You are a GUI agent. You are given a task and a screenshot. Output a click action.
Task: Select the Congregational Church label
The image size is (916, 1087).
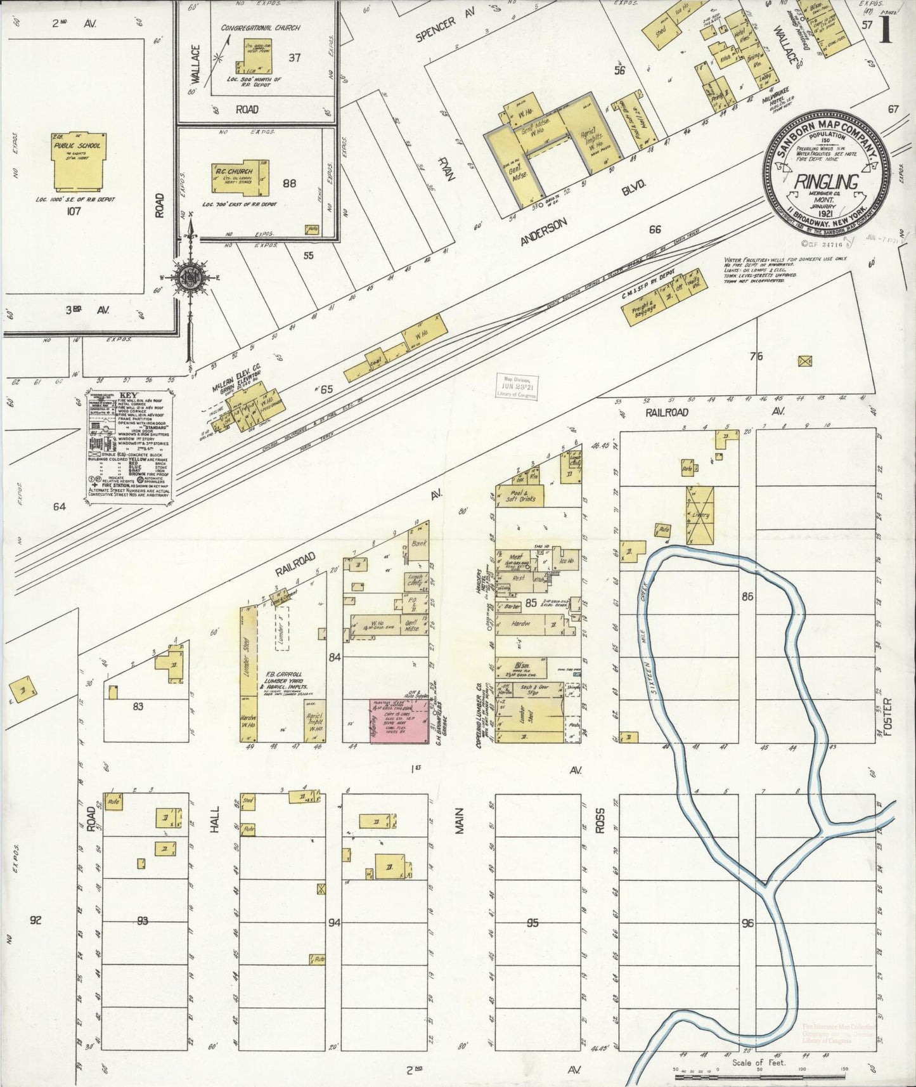(261, 28)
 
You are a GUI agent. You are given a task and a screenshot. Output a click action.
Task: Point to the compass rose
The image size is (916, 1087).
(190, 277)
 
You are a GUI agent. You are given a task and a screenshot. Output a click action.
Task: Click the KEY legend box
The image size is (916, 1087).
(129, 448)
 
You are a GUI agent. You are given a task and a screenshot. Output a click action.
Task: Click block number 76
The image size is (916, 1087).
(756, 356)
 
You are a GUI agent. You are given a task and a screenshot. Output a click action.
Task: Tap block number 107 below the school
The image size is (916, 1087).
(74, 211)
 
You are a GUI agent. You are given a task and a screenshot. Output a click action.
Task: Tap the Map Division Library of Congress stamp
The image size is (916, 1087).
(516, 385)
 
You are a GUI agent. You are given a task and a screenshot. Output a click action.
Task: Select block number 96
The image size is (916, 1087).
(748, 923)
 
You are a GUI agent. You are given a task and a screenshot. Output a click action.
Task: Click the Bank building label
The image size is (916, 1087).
(418, 544)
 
